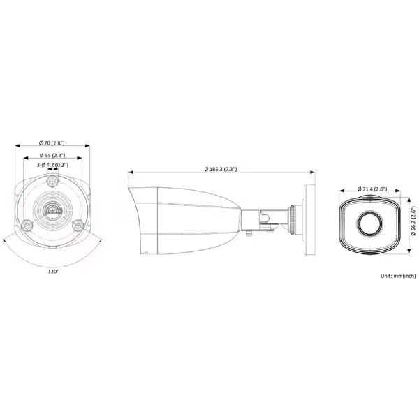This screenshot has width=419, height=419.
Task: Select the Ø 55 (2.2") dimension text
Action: click(x=52, y=154)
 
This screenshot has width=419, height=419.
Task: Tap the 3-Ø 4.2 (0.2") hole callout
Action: click(x=52, y=164)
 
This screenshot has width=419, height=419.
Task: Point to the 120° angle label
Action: click(x=53, y=271)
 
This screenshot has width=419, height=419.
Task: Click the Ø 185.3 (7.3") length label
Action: click(x=220, y=168)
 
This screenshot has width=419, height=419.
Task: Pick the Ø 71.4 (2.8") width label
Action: click(x=370, y=188)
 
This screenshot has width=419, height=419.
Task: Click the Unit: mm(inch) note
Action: click(x=399, y=276)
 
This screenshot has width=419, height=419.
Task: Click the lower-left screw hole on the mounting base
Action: click(x=25, y=225)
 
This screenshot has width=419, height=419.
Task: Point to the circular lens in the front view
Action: click(x=369, y=223)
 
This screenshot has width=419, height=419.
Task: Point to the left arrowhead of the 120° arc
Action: click(x=6, y=242)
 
